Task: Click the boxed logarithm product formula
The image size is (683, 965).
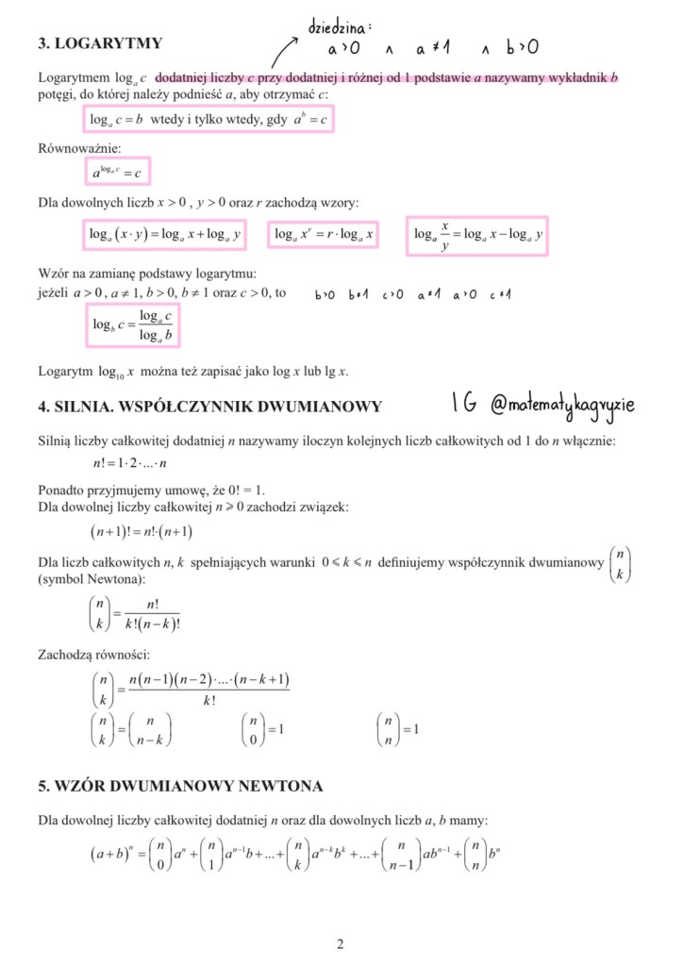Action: tap(164, 235)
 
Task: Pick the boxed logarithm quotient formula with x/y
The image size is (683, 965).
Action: tap(477, 235)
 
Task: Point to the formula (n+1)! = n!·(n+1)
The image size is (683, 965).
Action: tap(142, 532)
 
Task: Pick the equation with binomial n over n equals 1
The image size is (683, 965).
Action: tap(397, 729)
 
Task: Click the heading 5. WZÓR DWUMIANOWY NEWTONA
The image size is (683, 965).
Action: tap(180, 786)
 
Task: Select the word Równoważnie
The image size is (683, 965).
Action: tap(79, 148)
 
